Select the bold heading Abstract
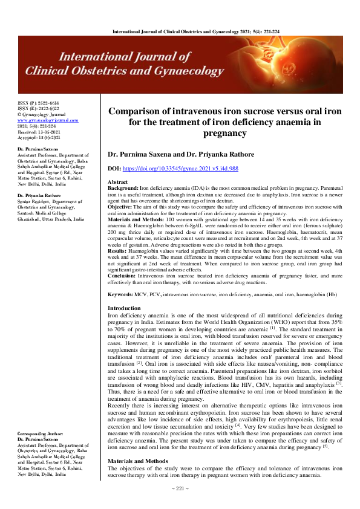point(117,182)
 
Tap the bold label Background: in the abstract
point(124,189)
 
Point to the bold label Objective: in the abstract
point(122,208)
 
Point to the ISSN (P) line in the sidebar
point(34,103)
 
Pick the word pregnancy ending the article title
point(224,132)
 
